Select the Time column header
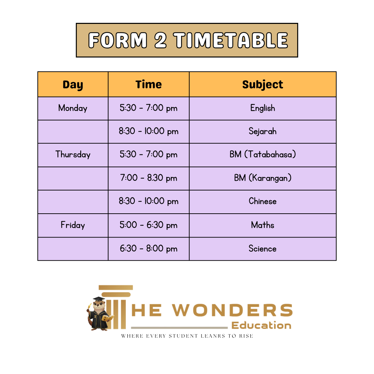point(149,84)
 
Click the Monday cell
point(73,108)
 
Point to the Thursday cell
point(73,154)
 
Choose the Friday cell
point(73,225)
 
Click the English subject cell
point(262,108)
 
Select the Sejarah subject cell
point(262,132)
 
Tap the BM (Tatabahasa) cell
point(262,154)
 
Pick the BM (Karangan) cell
point(262,178)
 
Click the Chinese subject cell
point(262,201)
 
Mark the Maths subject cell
point(262,225)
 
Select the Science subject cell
point(262,249)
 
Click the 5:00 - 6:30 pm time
point(149,225)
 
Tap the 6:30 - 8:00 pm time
point(149,249)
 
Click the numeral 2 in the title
point(160,40)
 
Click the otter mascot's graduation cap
point(99,300)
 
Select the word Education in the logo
point(261,325)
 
